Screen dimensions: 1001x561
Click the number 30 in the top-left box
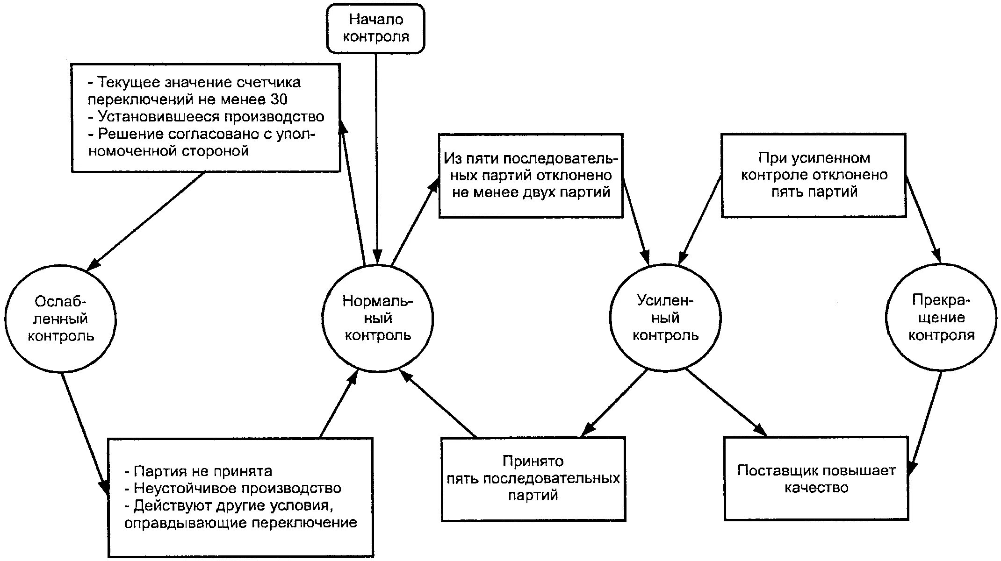(x=279, y=99)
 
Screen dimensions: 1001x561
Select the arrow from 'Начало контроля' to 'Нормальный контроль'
(x=376, y=158)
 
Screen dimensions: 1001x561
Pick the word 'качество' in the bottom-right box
(x=816, y=488)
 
